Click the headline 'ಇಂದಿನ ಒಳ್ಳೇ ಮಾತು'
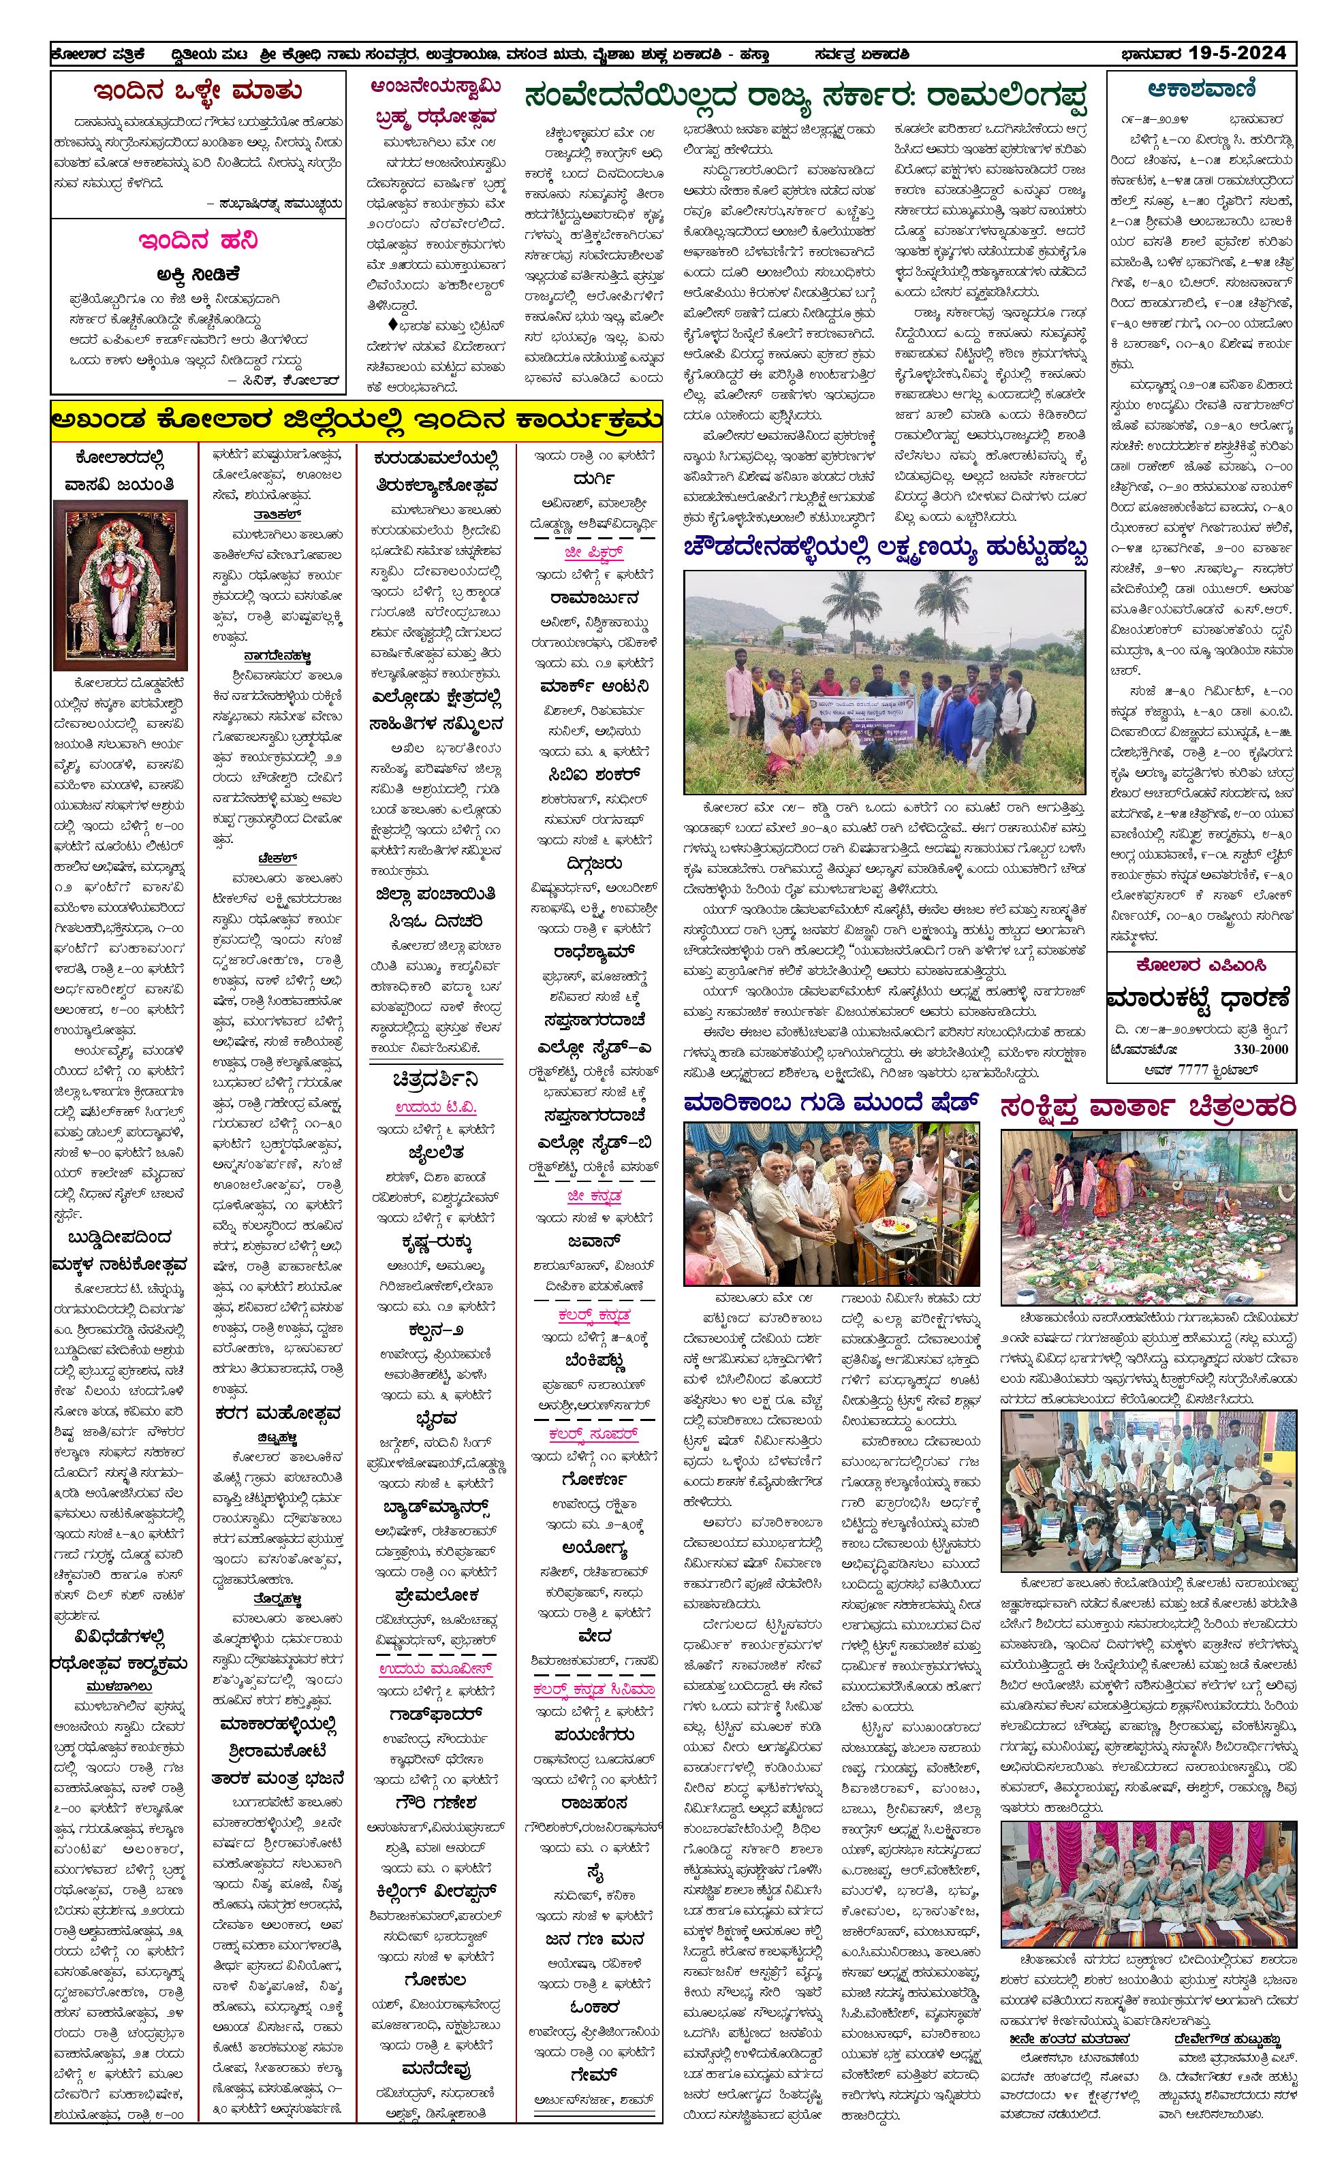[198, 91]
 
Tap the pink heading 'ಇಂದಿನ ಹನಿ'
[198, 240]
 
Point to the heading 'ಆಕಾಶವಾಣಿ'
[1202, 89]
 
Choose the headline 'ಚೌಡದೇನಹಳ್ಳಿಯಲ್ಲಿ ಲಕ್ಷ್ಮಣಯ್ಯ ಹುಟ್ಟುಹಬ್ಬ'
[884, 548]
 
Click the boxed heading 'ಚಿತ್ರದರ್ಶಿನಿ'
[435, 1080]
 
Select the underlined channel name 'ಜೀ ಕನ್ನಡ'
[594, 1196]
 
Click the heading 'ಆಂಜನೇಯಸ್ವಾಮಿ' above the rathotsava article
[435, 86]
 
